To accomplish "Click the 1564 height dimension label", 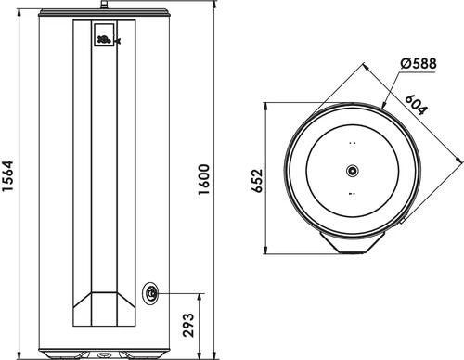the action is [x=7, y=175].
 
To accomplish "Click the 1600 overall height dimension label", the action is [x=204, y=180].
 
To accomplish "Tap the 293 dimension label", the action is [x=188, y=325].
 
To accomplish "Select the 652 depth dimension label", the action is [x=257, y=181].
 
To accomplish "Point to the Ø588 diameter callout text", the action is [x=419, y=63].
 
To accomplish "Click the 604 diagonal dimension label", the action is [x=417, y=104].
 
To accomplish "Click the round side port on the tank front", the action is [x=150, y=293].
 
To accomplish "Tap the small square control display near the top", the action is [x=104, y=35].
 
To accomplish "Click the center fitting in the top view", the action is [x=353, y=170].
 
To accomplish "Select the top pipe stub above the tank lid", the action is [x=104, y=5].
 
